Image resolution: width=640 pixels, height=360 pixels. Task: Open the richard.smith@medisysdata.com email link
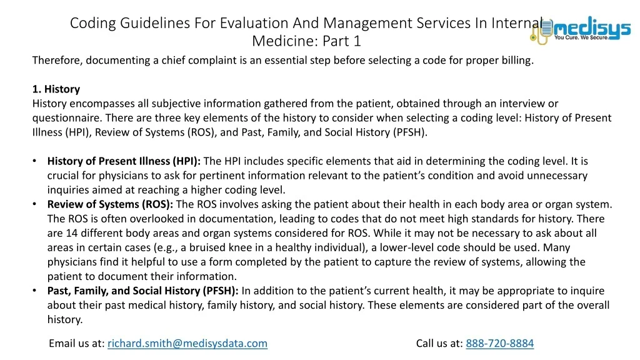187,343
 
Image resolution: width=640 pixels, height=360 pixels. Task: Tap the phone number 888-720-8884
500,343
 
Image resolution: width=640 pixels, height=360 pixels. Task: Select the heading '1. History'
56,89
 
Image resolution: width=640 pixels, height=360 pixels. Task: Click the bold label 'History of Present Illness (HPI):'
124,161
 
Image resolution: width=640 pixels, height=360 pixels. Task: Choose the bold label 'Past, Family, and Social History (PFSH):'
143,291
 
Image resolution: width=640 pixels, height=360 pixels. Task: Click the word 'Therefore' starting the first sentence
57,61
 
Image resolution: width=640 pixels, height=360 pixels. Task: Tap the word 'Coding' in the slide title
94,23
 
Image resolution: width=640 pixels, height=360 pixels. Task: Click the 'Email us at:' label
77,343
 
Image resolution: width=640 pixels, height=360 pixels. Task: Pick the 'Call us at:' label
439,343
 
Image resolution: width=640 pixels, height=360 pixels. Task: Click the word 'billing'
515,61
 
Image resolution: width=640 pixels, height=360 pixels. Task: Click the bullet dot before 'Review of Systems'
36,204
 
